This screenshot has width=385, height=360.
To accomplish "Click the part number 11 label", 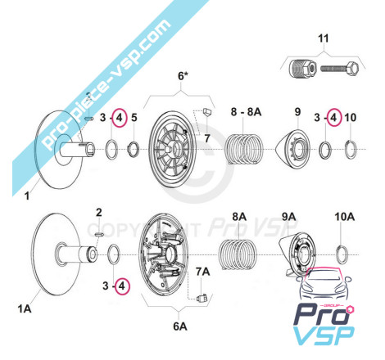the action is click(324, 38).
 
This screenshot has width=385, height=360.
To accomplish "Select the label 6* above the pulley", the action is click(183, 75).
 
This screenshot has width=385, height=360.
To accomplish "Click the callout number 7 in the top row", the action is click(207, 138).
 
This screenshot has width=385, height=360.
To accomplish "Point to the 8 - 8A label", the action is click(246, 111).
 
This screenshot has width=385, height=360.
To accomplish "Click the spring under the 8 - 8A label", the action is click(243, 149).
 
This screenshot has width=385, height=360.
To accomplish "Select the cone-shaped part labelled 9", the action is click(292, 149).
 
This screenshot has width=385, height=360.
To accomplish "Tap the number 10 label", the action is click(351, 118).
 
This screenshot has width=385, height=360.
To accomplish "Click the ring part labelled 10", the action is click(351, 150).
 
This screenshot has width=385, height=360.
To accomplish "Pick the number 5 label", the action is click(134, 118).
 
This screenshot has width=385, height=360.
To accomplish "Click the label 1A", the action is click(25, 308).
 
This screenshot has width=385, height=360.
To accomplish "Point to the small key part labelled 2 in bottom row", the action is click(98, 234).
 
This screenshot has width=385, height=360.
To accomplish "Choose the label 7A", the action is click(202, 272).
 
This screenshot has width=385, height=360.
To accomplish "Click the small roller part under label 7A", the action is click(202, 298).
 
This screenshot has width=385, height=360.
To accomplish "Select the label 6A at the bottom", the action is click(180, 326).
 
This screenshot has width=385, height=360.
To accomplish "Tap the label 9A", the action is click(289, 217).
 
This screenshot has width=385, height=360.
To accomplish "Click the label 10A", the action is click(345, 217).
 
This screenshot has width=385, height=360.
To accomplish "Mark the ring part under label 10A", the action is click(342, 255).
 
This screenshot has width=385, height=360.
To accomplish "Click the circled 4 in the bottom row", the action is click(122, 286).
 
